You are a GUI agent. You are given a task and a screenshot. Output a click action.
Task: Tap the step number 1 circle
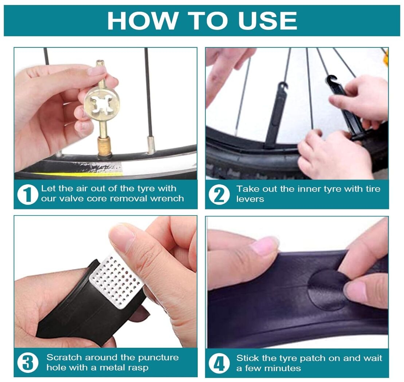[27, 194]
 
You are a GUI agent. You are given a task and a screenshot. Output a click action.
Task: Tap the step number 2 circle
[219, 194]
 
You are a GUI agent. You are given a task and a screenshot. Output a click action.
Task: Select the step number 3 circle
[28, 363]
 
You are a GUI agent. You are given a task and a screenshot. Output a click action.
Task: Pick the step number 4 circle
[219, 363]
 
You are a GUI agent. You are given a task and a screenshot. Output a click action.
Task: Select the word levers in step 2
[250, 199]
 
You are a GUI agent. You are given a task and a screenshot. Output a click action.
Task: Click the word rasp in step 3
[138, 367]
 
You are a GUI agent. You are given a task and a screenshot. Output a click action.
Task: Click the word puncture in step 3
[158, 358]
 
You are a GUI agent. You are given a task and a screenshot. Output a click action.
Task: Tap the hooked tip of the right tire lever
[331, 80]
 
